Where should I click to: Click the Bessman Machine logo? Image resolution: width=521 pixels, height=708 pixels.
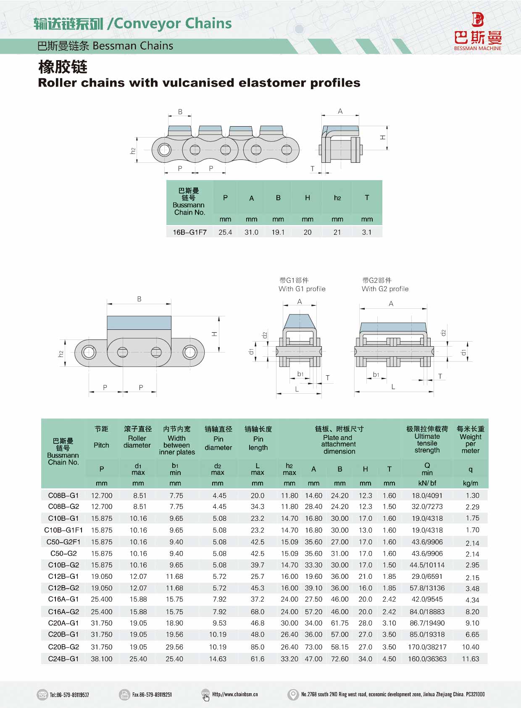tap(478, 31)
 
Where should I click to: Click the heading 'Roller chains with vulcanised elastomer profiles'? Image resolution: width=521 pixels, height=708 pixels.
tap(199, 83)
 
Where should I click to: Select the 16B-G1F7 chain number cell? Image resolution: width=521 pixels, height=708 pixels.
tap(189, 232)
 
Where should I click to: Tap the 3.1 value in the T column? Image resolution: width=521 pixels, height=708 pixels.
tap(366, 232)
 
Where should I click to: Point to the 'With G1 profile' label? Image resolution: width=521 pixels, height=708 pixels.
tap(302, 289)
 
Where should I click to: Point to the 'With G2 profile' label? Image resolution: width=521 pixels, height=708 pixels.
tap(385, 289)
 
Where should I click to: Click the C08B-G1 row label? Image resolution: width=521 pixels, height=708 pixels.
tap(63, 496)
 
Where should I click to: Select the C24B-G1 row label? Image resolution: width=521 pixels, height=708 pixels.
tap(63, 659)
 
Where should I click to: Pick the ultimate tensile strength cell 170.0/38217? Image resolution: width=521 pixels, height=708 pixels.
tap(427, 647)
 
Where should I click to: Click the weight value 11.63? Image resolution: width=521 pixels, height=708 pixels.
tap(470, 659)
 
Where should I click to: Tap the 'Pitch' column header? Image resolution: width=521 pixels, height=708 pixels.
tap(101, 445)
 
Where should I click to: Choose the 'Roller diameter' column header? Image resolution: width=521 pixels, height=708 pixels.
tap(137, 442)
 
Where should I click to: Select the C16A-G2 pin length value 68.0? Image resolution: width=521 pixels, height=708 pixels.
tap(258, 612)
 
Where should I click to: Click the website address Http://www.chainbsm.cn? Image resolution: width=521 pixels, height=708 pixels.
tap(235, 695)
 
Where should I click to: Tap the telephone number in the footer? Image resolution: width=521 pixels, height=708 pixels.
tap(69, 695)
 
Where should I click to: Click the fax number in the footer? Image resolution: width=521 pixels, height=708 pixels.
tap(152, 695)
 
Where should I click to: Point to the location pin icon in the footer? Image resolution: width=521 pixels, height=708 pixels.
tap(292, 695)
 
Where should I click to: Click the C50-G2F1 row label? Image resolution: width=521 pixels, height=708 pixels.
tap(63, 542)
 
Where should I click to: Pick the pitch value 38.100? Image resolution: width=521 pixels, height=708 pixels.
tap(102, 659)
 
